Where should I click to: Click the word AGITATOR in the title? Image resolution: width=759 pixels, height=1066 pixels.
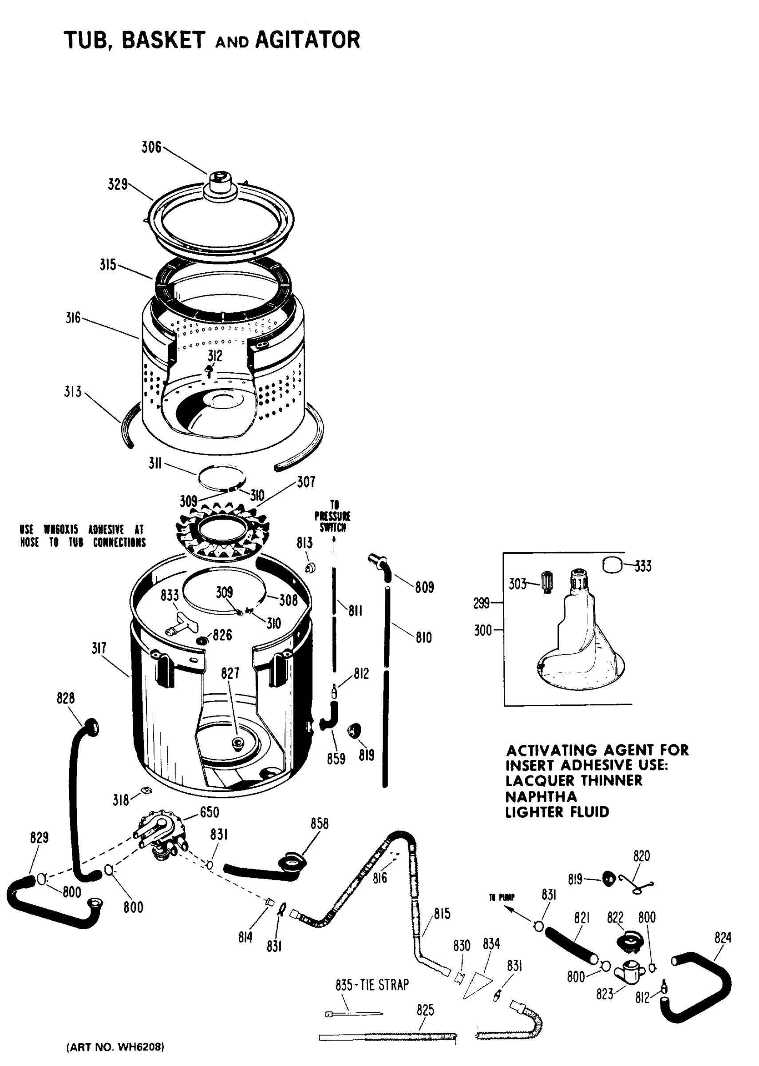pyautogui.click(x=308, y=40)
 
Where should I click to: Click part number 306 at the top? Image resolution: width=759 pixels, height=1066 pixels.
pyautogui.click(x=151, y=147)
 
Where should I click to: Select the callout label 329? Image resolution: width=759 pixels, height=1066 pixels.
pyautogui.click(x=117, y=185)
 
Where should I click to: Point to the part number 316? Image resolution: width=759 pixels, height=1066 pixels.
pyautogui.click(x=73, y=318)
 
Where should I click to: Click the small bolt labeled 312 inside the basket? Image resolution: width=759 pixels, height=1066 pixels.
pyautogui.click(x=209, y=372)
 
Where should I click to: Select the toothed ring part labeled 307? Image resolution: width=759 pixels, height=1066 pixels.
pyautogui.click(x=222, y=533)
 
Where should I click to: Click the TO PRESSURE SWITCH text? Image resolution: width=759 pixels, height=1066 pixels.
pyautogui.click(x=332, y=516)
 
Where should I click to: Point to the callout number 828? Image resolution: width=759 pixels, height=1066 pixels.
pyautogui.click(x=65, y=699)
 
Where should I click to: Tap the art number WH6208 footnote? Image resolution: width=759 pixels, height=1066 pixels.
pyautogui.click(x=115, y=1047)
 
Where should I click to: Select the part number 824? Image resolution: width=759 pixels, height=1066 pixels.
pyautogui.click(x=723, y=938)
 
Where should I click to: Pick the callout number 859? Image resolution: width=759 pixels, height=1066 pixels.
pyautogui.click(x=336, y=759)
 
